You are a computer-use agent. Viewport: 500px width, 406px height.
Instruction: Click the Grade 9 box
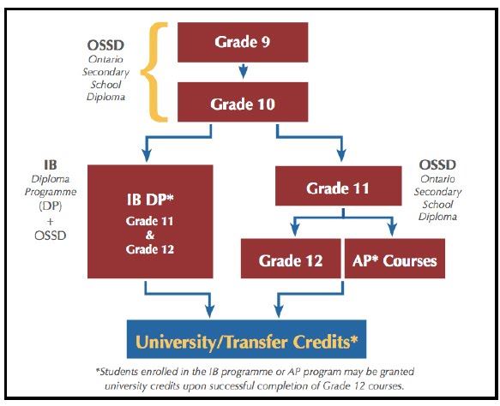coord(243,42)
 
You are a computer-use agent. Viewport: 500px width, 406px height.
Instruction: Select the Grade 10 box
coord(243,102)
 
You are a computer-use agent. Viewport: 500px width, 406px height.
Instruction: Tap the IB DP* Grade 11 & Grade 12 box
coord(150,221)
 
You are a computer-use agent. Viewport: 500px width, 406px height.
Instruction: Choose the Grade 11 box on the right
coord(338,186)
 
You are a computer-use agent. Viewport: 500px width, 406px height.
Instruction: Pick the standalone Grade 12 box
coord(291,259)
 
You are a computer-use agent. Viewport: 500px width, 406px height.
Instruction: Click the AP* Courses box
coord(395,259)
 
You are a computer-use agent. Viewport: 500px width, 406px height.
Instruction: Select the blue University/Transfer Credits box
coord(246,339)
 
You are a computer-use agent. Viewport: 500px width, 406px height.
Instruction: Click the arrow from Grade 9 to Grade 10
coord(243,71)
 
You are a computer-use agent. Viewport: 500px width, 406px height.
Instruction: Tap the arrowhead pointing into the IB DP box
coord(147,155)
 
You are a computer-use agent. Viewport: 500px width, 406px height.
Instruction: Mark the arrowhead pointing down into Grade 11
coord(341,155)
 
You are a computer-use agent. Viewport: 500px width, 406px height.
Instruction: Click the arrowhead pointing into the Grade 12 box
coord(295,230)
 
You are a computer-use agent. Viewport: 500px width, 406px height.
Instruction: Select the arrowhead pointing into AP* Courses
coord(392,230)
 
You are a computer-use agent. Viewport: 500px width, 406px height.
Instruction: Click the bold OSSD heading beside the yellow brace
coord(105,45)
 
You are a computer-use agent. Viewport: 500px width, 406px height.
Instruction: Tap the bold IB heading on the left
coord(51,165)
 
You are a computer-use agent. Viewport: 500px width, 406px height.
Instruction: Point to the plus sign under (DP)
coord(50,221)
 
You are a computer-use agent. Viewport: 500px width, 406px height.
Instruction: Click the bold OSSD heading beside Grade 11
coord(437,164)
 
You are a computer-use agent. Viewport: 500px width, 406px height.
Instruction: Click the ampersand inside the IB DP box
coord(150,236)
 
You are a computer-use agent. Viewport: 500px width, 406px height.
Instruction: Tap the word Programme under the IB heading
coord(51,193)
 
